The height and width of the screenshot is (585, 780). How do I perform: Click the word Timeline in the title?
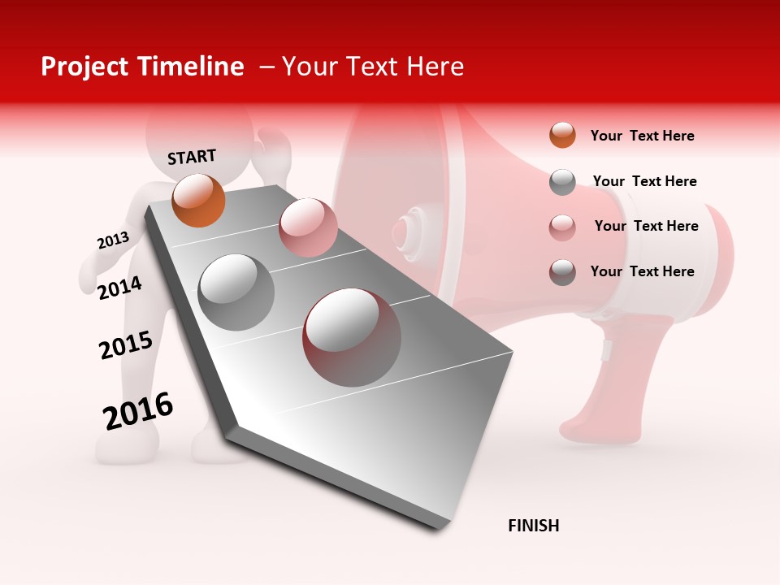[x=192, y=67]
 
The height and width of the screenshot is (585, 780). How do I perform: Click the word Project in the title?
[x=84, y=67]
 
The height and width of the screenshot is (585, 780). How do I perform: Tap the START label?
[x=192, y=157]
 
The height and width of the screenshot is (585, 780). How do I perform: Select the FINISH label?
[x=534, y=526]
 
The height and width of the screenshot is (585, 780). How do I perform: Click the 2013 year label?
[x=113, y=240]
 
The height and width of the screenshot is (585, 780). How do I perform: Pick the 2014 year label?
[x=119, y=288]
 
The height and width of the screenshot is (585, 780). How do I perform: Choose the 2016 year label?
[x=138, y=411]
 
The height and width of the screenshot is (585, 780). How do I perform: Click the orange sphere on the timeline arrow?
[x=198, y=200]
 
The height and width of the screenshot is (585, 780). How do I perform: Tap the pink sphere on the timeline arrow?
[x=308, y=227]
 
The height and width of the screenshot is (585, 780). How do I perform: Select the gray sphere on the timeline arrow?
[x=236, y=292]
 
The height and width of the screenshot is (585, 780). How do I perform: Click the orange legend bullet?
[x=562, y=135]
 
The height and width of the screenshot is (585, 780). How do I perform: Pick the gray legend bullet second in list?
[x=562, y=182]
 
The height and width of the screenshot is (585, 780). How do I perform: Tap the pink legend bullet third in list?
[x=562, y=227]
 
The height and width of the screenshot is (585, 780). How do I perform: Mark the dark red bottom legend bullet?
[x=562, y=272]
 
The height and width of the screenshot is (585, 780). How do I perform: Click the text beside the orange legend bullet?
[x=642, y=136]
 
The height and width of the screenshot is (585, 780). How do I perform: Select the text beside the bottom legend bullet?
[x=642, y=271]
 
